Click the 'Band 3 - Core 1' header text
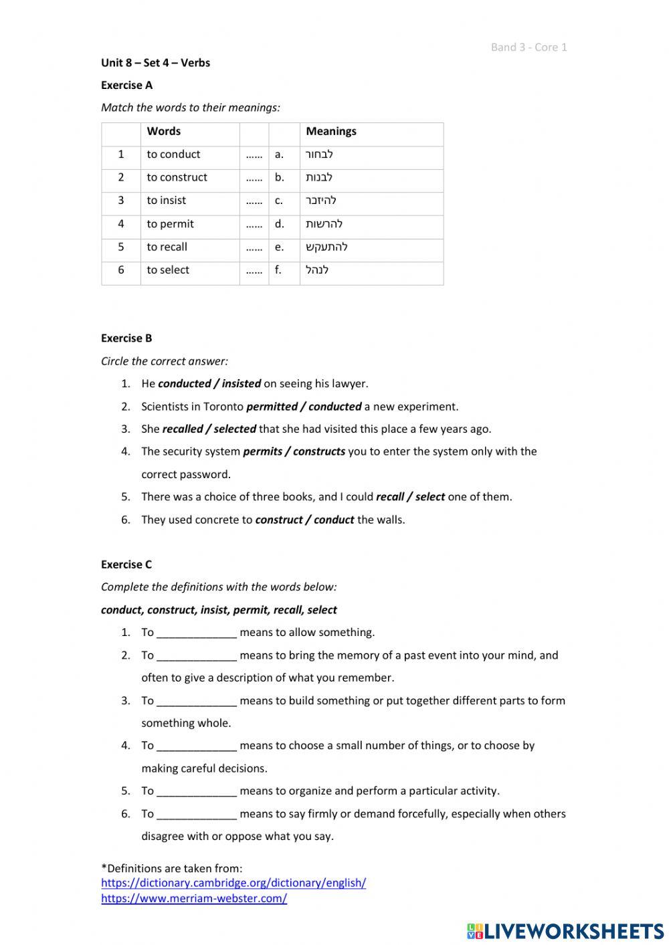click(529, 47)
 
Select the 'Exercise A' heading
click(126, 85)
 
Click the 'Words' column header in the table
click(164, 131)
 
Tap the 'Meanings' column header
click(331, 131)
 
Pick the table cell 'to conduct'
click(173, 154)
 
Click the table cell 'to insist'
click(167, 201)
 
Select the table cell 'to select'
click(168, 270)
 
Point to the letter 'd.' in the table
click(279, 224)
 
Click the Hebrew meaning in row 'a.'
click(319, 154)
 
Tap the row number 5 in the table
click(121, 247)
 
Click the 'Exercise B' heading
click(126, 338)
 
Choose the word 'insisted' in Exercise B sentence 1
click(242, 384)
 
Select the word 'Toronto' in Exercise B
click(223, 407)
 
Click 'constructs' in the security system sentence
click(319, 451)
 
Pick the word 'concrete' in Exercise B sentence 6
click(217, 520)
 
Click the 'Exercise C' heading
click(126, 564)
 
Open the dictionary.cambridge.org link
click(233, 883)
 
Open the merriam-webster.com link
click(194, 899)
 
